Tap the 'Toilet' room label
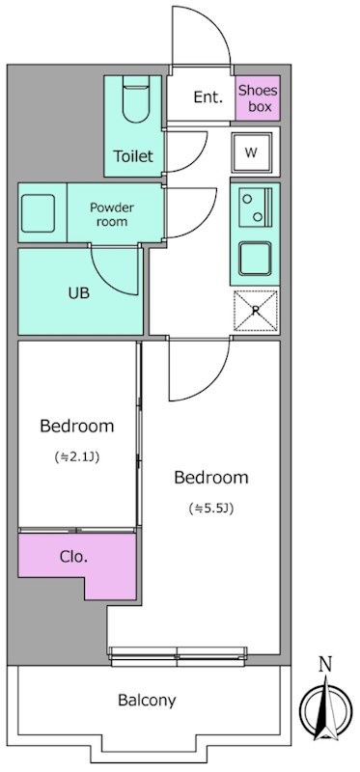click(x=133, y=156)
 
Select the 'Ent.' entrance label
click(x=208, y=97)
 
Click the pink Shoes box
click(x=258, y=98)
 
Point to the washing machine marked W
click(x=251, y=152)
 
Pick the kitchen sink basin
click(x=255, y=259)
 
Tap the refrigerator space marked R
click(x=255, y=311)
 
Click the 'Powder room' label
click(x=112, y=214)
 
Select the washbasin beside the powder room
click(x=38, y=213)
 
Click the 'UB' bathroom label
click(x=79, y=293)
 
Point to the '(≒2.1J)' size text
click(x=77, y=457)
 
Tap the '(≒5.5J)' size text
click(x=210, y=509)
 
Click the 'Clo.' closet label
click(x=73, y=558)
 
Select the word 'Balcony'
click(x=147, y=700)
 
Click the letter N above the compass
click(x=325, y=665)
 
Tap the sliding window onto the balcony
click(x=178, y=656)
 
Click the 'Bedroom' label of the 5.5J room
click(x=211, y=478)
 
